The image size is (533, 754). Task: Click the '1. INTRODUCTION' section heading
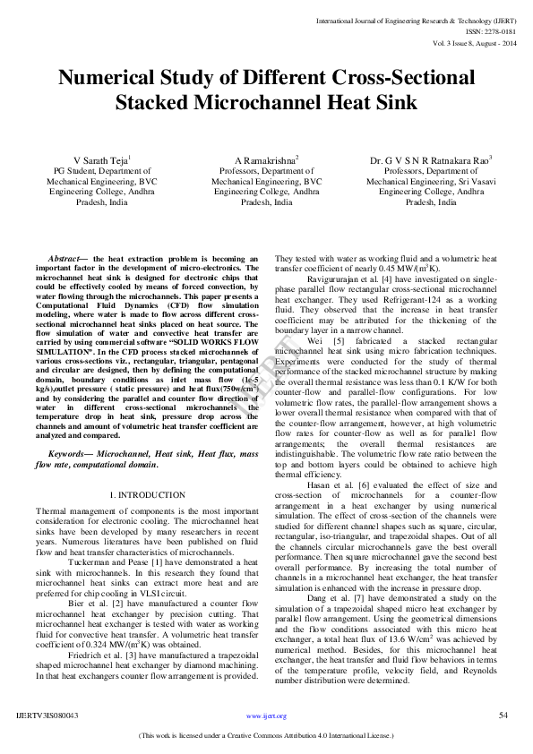pos(147,494)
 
